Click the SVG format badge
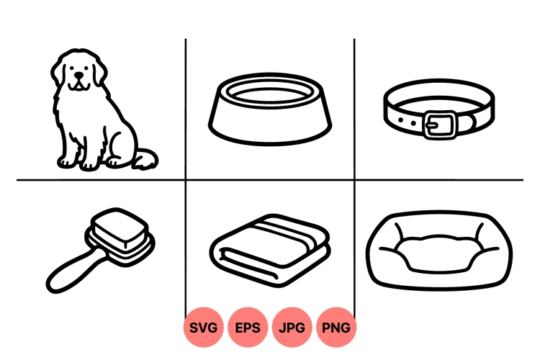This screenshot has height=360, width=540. (x=204, y=328)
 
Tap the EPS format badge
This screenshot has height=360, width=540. (x=248, y=328)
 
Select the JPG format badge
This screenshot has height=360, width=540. (x=292, y=328)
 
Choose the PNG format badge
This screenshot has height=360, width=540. (x=336, y=328)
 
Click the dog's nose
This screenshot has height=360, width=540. (x=78, y=80)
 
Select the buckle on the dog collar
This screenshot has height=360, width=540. (x=439, y=125)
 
